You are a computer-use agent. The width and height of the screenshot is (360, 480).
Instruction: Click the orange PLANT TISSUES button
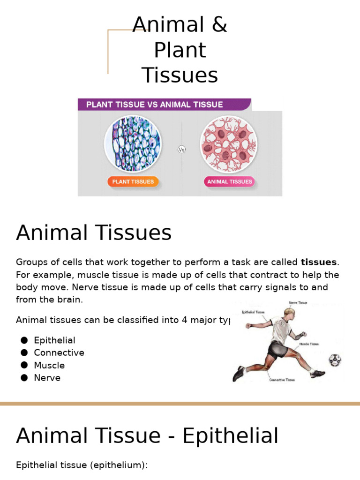(133, 182)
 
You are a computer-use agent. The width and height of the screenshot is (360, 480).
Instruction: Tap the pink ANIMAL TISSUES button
(230, 182)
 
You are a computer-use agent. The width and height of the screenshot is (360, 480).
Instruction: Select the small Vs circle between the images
(182, 150)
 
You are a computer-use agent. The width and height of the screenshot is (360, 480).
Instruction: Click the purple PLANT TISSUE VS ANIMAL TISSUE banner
(164, 104)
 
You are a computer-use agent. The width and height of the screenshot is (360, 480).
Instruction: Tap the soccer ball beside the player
(335, 360)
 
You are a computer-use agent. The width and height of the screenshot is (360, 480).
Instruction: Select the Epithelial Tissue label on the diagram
(253, 312)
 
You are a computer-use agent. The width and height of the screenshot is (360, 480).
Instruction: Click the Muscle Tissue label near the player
(309, 344)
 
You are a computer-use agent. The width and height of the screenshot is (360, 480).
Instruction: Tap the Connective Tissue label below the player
(282, 380)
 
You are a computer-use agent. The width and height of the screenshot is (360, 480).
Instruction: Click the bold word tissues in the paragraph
(319, 262)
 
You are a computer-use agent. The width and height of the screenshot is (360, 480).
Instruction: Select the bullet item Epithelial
(54, 340)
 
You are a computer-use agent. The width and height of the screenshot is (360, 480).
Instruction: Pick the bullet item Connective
(59, 352)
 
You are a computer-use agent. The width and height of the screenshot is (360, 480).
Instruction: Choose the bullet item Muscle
(49, 365)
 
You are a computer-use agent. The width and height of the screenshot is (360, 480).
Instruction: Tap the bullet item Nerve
(47, 377)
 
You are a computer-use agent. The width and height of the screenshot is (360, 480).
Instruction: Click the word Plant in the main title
(180, 50)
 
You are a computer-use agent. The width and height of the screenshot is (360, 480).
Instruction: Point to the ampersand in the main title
(218, 25)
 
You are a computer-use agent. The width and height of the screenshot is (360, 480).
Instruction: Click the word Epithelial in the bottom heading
(230, 436)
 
